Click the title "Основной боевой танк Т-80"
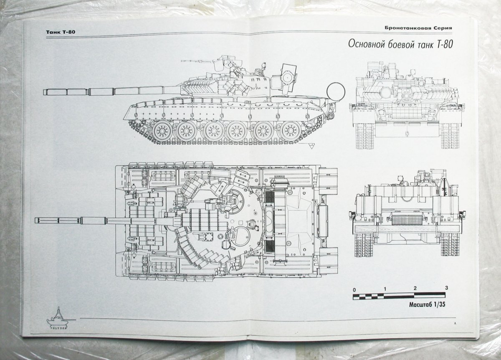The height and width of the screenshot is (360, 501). tap(400, 45)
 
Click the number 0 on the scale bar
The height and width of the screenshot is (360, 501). tap(354, 289)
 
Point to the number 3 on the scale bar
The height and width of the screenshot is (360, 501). tap(446, 288)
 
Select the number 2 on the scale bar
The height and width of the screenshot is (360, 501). tap(415, 289)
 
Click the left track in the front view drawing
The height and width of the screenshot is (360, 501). tap(363, 136)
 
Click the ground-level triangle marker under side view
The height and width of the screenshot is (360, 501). tap(311, 146)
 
